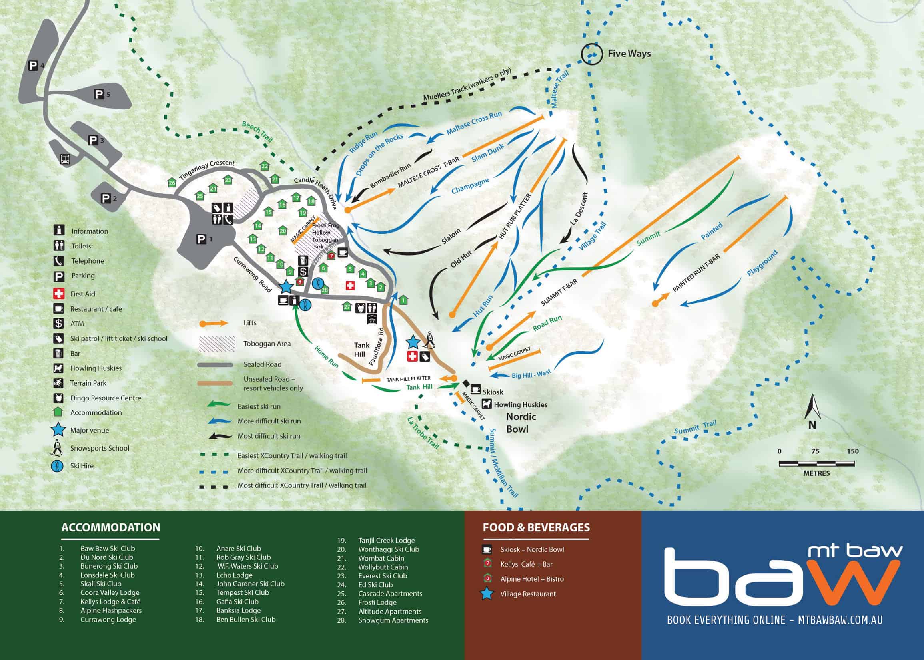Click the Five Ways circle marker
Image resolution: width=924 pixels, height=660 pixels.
[591, 54]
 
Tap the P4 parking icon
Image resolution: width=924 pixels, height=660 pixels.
[33, 65]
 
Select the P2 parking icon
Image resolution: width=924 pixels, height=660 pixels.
[106, 198]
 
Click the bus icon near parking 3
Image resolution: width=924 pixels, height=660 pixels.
[65, 159]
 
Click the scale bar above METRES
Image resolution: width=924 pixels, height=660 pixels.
[816, 464]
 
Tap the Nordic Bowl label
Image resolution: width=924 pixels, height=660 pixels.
[521, 423]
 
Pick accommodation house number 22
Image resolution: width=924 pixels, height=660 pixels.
[265, 166]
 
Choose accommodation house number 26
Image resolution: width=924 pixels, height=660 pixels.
[172, 183]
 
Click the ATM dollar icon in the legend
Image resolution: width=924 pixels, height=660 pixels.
[59, 324]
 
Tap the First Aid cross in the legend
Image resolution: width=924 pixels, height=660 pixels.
[59, 293]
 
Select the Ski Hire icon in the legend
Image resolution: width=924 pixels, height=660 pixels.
[58, 466]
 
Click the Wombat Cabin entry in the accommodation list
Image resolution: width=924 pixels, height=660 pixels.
[381, 558]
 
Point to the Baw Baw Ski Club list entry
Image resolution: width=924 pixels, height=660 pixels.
[108, 548]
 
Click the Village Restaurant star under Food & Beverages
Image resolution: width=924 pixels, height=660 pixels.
[487, 594]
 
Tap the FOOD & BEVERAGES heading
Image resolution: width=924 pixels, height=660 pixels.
[536, 527]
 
